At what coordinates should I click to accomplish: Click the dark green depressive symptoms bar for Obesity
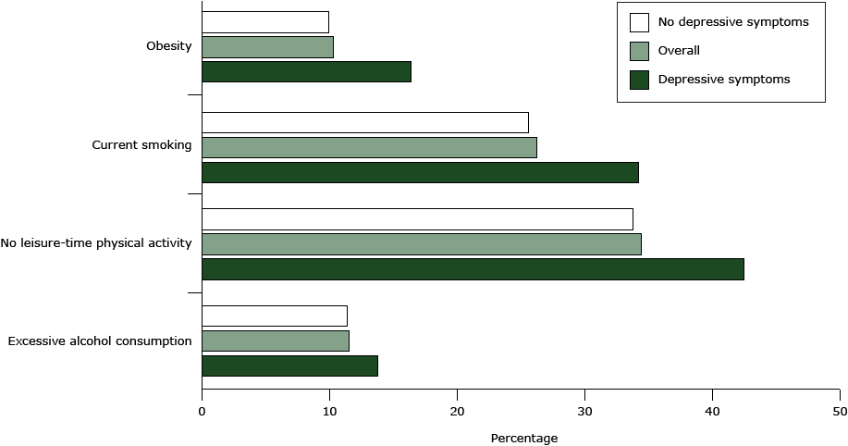[x=306, y=72]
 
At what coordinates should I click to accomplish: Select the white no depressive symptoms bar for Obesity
[x=264, y=22]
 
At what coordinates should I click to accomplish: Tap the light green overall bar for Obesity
[x=267, y=47]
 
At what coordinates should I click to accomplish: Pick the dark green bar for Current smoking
[x=420, y=172]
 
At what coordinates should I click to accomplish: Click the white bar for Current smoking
[x=364, y=122]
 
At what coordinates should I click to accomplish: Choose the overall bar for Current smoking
[x=369, y=147]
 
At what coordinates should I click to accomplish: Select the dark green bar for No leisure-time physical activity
[x=473, y=269]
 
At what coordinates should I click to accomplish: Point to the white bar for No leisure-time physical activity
[x=417, y=219]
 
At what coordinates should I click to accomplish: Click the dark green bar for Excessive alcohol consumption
[x=289, y=365]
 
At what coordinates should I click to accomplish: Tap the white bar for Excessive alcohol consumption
[x=274, y=316]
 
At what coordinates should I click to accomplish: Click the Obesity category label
[x=168, y=47]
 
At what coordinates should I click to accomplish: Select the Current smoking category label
[x=141, y=145]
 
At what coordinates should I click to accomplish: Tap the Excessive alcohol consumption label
[x=100, y=341]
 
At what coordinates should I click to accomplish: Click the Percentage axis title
[x=523, y=438]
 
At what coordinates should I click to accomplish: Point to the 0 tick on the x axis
[x=202, y=410]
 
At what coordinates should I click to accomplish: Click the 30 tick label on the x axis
[x=584, y=410]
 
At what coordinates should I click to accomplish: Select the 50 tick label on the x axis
[x=839, y=410]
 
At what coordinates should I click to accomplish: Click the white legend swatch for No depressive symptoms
[x=638, y=22]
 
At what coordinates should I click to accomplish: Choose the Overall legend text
[x=679, y=51]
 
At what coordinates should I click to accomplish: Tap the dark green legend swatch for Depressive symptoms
[x=638, y=80]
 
